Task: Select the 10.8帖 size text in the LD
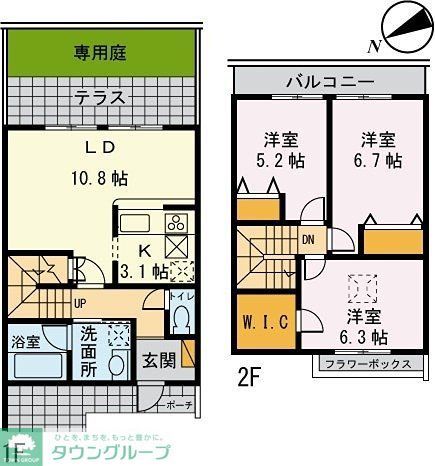tap(99, 180)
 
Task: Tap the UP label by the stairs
tap(79, 301)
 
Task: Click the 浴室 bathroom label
tap(26, 342)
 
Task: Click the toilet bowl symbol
tap(181, 321)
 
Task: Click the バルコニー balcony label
tap(329, 81)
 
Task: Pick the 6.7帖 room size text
tap(381, 160)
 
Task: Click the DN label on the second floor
tap(309, 239)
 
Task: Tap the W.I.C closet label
tap(265, 321)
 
